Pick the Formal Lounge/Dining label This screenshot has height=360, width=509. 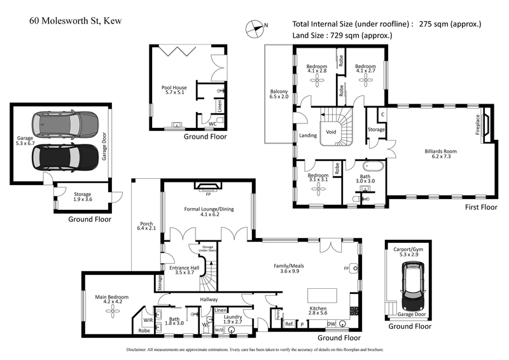coord(206,211)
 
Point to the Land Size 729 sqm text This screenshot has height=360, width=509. coord(342,36)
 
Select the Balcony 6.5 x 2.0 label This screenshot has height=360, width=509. coord(279,95)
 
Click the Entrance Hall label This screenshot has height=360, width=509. coord(185,271)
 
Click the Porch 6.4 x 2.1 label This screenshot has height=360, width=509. coord(146,225)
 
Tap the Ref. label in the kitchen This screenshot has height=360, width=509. coord(289,324)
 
